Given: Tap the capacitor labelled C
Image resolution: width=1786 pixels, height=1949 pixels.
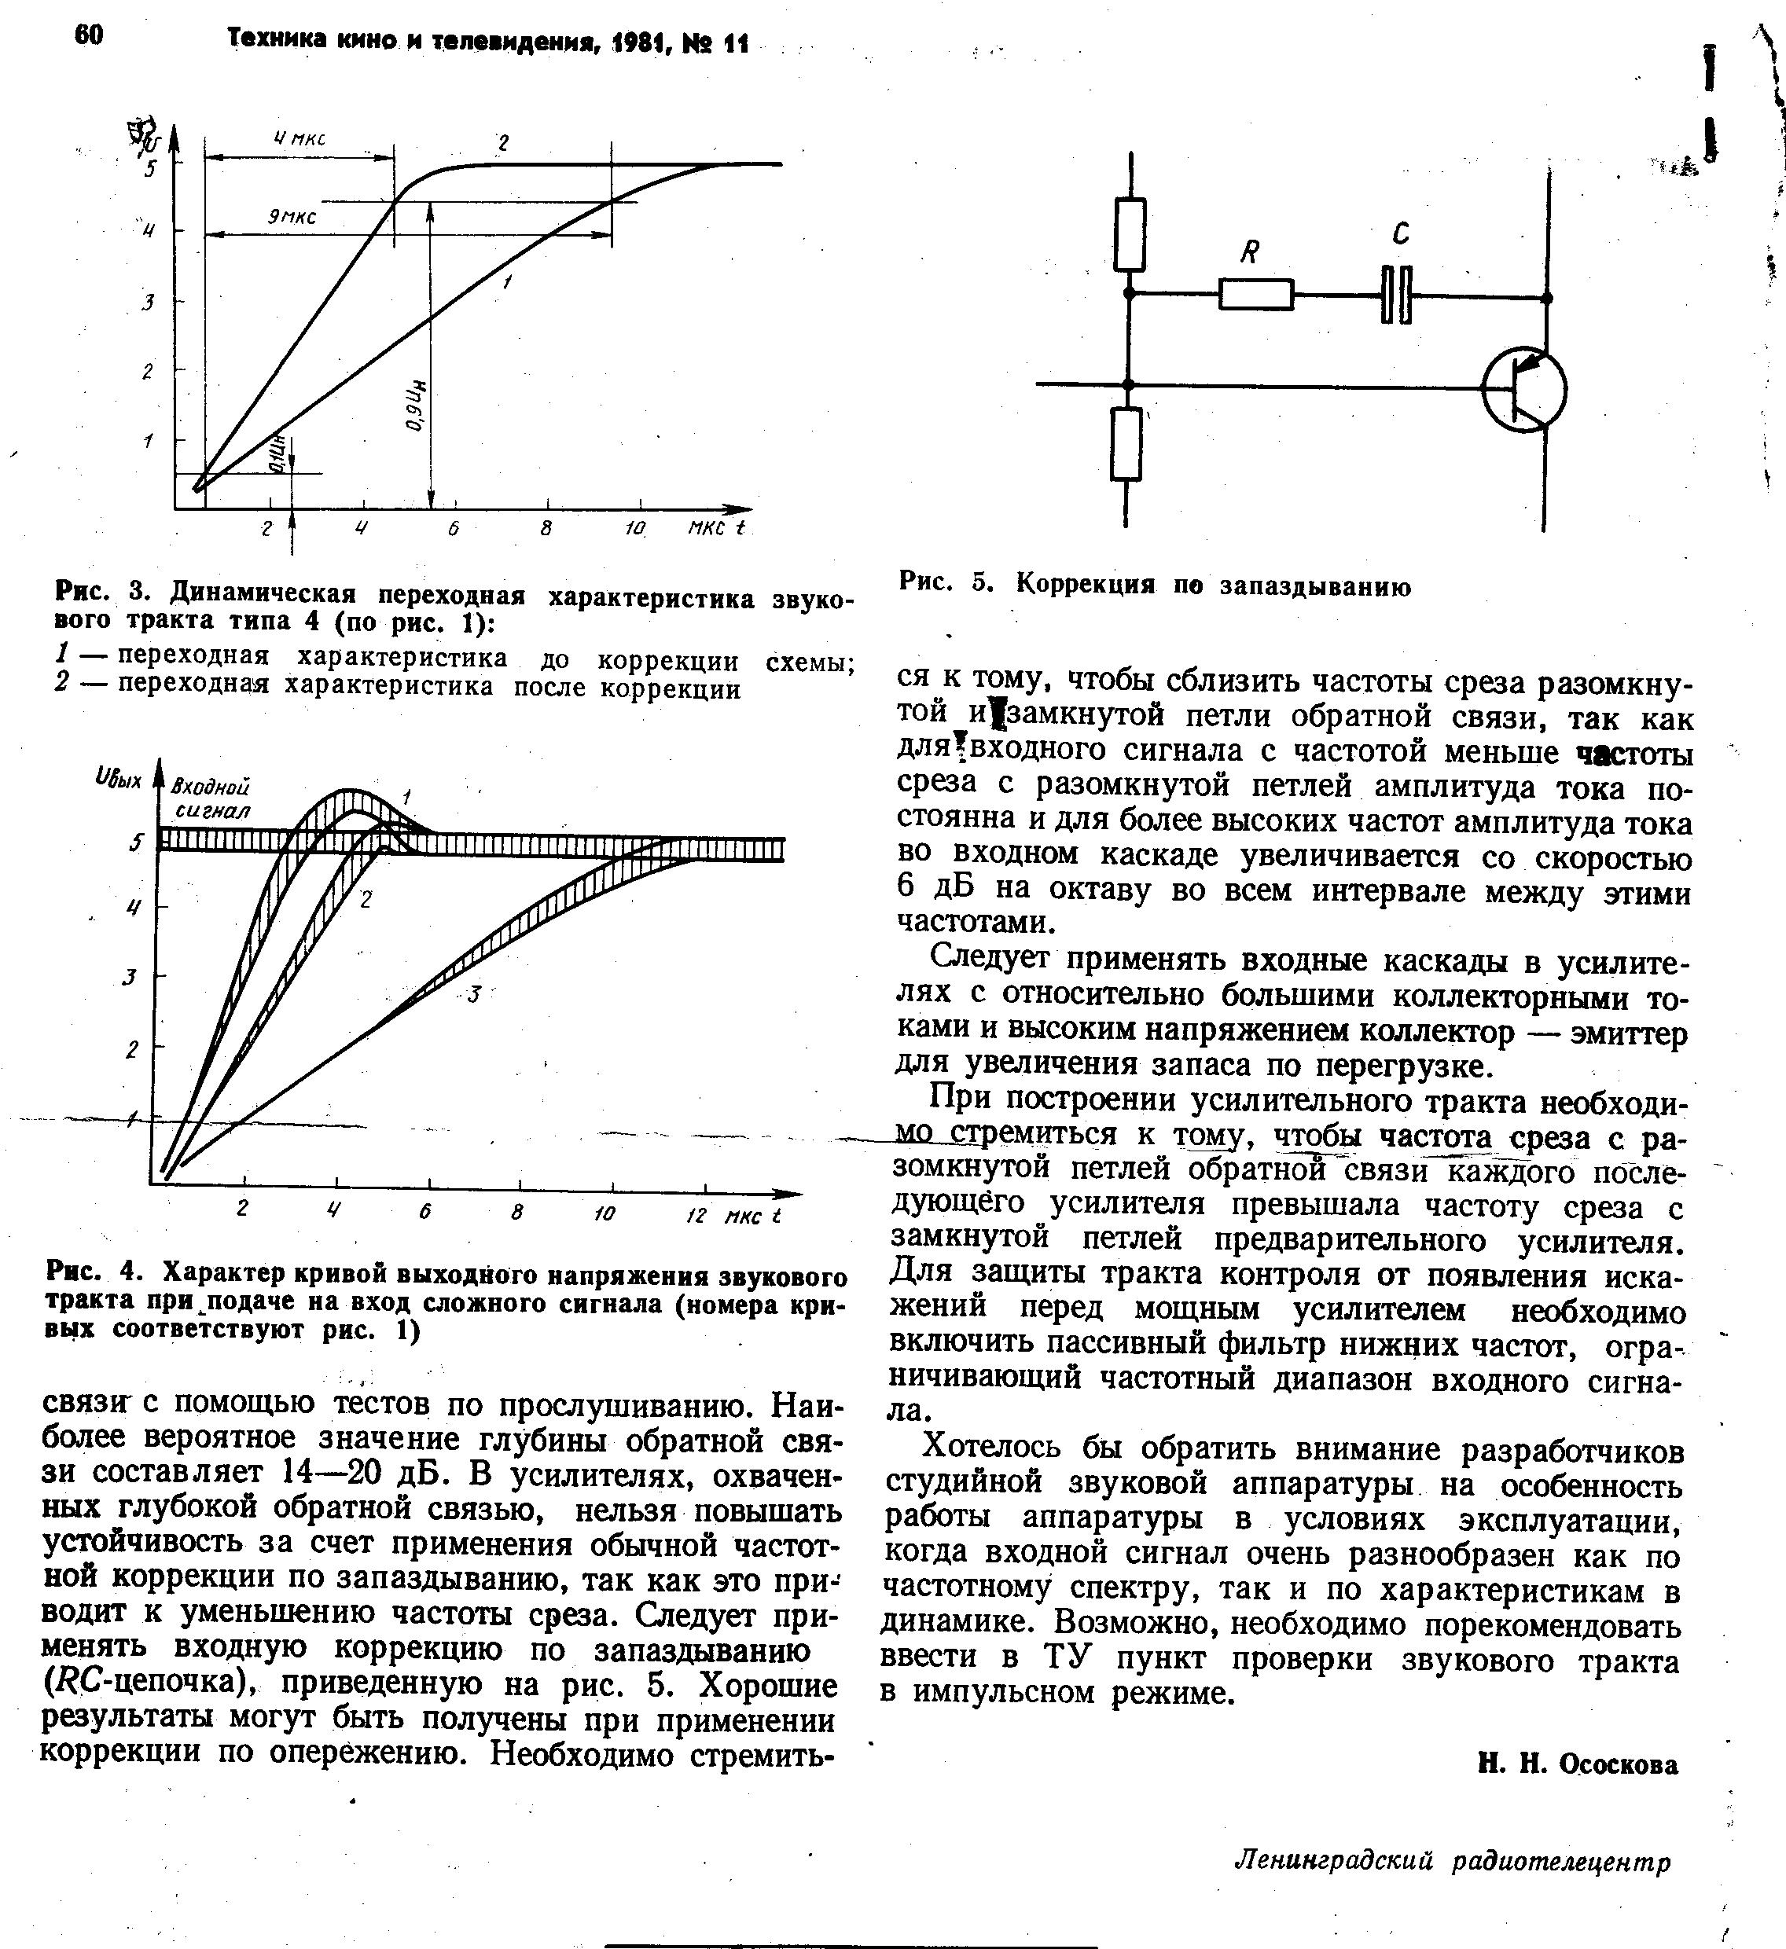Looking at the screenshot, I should click(1396, 294).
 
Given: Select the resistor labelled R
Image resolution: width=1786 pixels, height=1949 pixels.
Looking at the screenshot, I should click(1255, 294).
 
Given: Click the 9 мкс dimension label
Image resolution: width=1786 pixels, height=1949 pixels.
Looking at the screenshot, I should click(292, 218).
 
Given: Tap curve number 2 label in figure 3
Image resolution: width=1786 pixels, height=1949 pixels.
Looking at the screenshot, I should click(503, 144).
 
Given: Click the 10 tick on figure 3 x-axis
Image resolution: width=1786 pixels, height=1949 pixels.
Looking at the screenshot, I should click(634, 529).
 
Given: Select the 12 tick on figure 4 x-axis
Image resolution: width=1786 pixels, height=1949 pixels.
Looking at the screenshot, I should click(697, 1215).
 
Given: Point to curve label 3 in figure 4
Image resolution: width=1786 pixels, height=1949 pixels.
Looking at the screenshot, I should click(474, 994).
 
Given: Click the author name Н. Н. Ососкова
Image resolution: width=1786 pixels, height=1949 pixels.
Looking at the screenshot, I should click(1578, 1764).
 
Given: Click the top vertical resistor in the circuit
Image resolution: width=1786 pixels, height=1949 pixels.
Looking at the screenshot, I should click(1130, 234).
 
